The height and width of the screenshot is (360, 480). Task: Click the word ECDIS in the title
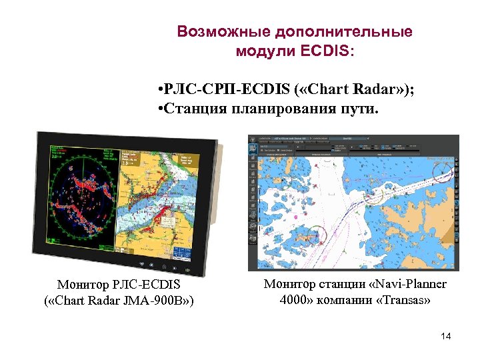(329, 51)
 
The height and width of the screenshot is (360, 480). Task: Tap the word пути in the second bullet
(359, 109)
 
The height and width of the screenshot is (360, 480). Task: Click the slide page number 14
(446, 336)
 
